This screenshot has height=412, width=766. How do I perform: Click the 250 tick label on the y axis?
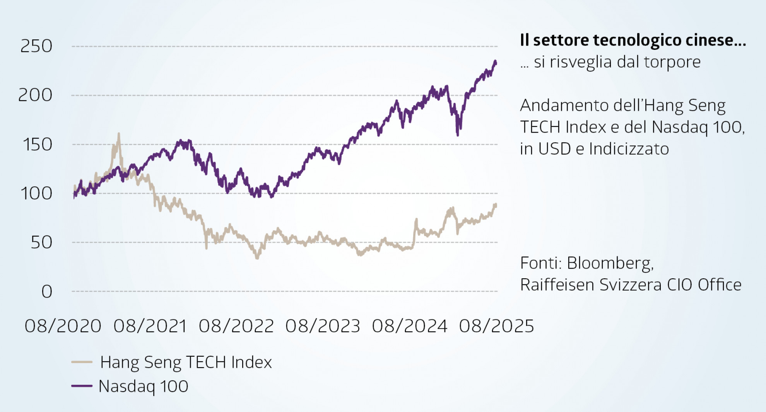(36, 46)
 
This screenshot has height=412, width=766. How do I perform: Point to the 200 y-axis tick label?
(35, 95)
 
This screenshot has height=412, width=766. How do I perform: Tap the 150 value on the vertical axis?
(37, 145)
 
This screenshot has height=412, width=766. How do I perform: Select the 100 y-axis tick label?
(36, 194)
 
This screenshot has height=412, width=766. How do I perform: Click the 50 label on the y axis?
(41, 243)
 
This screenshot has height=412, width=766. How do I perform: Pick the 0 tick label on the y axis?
(47, 292)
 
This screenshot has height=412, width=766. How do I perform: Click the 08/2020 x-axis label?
(63, 326)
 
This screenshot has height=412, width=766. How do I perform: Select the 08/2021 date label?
(150, 326)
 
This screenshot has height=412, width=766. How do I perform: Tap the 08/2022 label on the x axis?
(236, 326)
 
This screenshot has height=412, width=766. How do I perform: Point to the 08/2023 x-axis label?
(323, 326)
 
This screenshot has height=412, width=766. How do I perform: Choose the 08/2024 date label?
(410, 326)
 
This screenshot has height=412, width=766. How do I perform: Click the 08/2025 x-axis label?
(496, 326)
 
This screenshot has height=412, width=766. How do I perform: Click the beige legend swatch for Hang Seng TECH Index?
(82, 362)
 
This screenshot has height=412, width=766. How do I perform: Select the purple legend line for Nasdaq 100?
(82, 386)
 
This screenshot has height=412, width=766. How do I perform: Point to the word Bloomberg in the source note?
(610, 263)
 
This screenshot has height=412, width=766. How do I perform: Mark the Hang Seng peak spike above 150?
(118, 134)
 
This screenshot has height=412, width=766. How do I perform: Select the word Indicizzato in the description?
(629, 149)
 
